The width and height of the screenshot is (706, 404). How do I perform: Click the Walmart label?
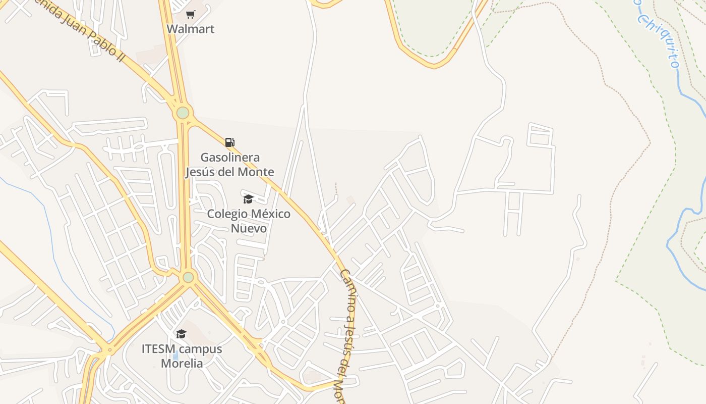point(190,29)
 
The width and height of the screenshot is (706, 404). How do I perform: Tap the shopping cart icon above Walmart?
point(190,14)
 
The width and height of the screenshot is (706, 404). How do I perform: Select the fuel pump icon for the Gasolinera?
point(229,142)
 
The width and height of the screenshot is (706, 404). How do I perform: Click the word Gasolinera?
point(230,158)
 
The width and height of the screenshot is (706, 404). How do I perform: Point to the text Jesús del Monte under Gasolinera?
point(230,172)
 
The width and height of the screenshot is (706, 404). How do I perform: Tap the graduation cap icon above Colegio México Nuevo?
point(248,199)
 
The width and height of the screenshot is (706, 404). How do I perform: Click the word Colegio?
point(227,214)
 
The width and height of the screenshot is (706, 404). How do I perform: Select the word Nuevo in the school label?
point(249,228)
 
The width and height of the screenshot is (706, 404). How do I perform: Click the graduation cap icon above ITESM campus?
point(181,334)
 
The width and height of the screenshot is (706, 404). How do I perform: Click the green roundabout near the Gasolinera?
point(183,113)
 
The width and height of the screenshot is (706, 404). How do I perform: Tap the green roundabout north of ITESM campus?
point(188,277)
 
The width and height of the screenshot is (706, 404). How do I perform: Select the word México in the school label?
point(271,214)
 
